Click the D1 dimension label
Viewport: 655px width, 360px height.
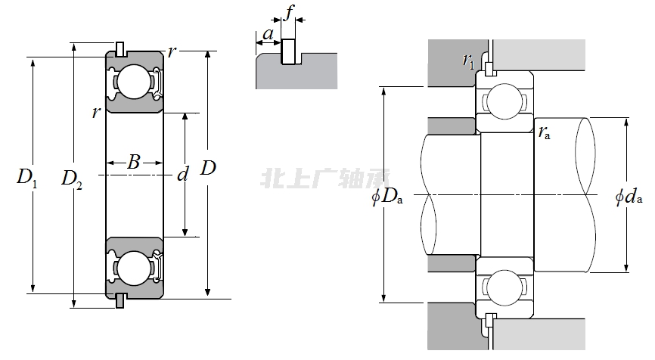[x=27, y=178]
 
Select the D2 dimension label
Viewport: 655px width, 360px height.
[x=72, y=179]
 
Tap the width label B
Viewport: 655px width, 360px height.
[x=134, y=162]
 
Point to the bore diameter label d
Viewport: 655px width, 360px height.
[x=183, y=174]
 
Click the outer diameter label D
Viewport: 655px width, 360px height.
[x=208, y=168]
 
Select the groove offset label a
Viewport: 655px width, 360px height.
[x=268, y=33]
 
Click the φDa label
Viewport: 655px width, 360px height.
[x=387, y=197]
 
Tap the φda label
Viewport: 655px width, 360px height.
[x=629, y=197]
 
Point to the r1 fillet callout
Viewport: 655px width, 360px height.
[x=468, y=61]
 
